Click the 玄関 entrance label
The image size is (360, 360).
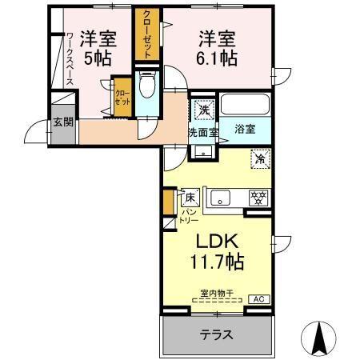point(62,122)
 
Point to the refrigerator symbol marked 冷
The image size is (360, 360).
point(259,158)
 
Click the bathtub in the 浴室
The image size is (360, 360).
point(245,105)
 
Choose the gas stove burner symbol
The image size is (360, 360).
point(258,198)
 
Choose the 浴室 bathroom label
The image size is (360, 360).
point(245,128)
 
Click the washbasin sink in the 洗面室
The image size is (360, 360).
point(202,150)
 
